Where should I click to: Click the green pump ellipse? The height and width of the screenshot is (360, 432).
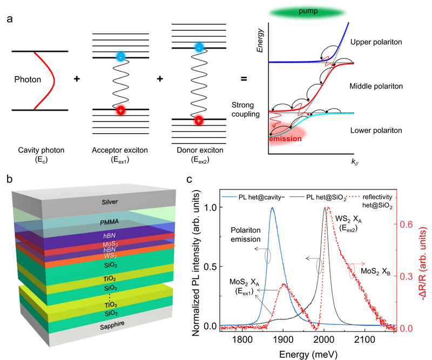[x=307, y=12]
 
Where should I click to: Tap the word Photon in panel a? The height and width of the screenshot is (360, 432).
[x=28, y=79]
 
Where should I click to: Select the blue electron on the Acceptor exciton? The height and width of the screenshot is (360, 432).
[x=120, y=57]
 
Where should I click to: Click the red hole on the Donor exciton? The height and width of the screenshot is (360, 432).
[x=199, y=121]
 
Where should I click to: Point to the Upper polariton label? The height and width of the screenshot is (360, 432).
[x=376, y=42]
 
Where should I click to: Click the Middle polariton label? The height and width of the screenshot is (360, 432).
[x=376, y=86]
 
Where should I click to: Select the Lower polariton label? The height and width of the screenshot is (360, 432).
[x=376, y=130]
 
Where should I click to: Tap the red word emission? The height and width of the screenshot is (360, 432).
[x=285, y=139]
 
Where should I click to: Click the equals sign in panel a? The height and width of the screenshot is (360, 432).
[x=244, y=79]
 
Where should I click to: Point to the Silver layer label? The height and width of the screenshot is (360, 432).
[x=110, y=202]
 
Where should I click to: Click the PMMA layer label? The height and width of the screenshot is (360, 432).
[x=110, y=222]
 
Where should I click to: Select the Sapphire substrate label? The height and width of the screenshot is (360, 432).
[x=112, y=325]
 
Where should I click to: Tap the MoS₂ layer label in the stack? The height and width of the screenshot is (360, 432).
[x=110, y=244]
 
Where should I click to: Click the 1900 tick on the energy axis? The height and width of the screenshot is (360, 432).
[x=283, y=339]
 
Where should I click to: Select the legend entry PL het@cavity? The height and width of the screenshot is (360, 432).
[x=254, y=197]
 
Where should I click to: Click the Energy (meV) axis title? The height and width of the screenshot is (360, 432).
[x=308, y=354]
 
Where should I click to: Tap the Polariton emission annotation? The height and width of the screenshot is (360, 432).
[x=246, y=235]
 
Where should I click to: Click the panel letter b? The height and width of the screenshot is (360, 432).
[x=10, y=180]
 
